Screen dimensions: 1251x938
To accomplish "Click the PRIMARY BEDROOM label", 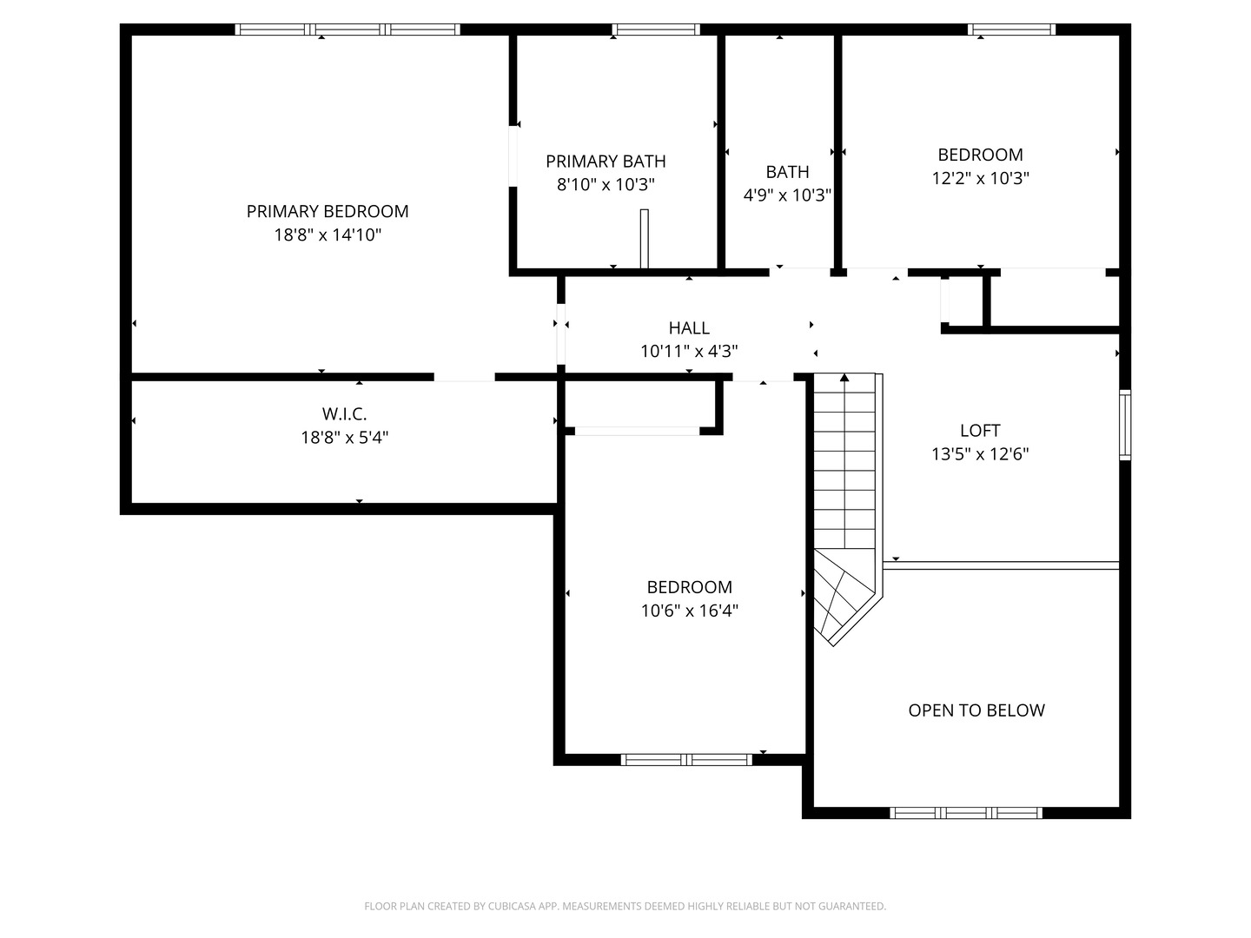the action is coord(328,211).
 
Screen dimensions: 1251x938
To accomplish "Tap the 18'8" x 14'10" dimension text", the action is coord(328,234).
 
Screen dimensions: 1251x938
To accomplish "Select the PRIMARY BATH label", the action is coord(606,162).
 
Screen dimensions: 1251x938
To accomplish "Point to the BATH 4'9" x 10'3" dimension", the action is coord(787,195).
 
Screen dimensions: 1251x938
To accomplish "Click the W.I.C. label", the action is coord(344,413).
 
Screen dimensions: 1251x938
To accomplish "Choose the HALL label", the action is coord(688,327).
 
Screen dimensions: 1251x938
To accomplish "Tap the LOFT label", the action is coord(980,430).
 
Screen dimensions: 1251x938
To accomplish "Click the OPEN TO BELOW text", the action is coord(976,710).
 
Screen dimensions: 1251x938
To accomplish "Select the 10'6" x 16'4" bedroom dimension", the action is coord(689,611).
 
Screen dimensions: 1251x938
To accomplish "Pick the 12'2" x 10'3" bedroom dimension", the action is coord(980,178).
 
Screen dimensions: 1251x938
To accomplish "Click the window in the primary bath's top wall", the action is coord(656,30).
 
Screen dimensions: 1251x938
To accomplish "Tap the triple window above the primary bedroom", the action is coord(347,30).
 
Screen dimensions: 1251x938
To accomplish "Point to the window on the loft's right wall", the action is coord(1124,425).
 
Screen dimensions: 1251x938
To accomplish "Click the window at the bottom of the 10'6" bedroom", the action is coord(686,759).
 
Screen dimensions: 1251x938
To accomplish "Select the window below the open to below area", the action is coord(966,813).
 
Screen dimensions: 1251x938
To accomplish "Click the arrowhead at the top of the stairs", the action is coord(844,377).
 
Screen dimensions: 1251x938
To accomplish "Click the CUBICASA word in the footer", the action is coord(512,906).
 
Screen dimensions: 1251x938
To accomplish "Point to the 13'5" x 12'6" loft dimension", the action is coord(980,454).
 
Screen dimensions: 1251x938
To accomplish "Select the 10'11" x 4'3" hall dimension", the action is coord(688,351).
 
